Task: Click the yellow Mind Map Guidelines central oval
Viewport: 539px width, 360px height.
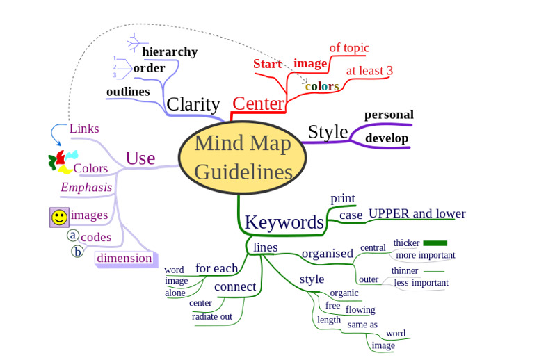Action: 243,157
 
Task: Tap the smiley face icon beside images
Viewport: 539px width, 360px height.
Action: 59,217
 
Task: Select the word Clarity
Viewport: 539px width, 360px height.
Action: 193,104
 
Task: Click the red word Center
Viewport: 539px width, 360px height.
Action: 258,104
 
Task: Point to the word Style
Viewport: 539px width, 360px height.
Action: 328,131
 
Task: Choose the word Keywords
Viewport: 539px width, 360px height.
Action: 284,222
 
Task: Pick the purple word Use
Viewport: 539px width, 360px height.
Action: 140,158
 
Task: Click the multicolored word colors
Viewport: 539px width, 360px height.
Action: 322,87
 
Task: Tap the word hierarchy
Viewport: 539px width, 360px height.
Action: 170,51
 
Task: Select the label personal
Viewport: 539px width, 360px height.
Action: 389,115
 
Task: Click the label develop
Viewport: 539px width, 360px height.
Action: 387,138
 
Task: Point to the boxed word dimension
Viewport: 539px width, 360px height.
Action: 124,259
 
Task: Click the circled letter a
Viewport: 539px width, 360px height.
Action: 73,236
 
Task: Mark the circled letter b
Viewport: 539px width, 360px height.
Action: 78,252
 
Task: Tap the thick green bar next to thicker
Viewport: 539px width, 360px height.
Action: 435,243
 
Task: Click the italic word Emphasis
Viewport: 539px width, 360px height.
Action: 86,188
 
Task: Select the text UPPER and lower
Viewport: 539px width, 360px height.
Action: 417,213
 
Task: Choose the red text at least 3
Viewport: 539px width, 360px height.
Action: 369,71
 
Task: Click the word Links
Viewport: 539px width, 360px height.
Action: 84,129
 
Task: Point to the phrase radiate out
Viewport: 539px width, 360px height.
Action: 212,317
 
